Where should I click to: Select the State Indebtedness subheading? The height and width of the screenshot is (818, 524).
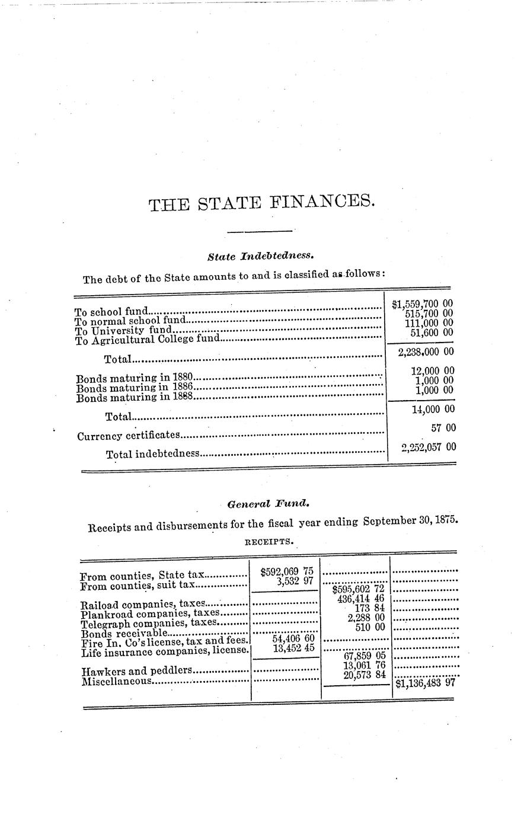260,257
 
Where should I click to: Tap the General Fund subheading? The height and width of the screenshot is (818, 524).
268,504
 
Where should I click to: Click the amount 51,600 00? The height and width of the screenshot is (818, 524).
432,333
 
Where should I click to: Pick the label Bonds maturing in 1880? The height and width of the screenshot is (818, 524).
135,378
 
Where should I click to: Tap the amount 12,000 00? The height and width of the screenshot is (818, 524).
432,371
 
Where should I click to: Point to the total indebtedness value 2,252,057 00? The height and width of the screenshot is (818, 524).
428,448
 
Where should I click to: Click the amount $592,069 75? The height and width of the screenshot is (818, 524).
286,572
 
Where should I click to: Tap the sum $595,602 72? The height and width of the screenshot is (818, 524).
359,590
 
